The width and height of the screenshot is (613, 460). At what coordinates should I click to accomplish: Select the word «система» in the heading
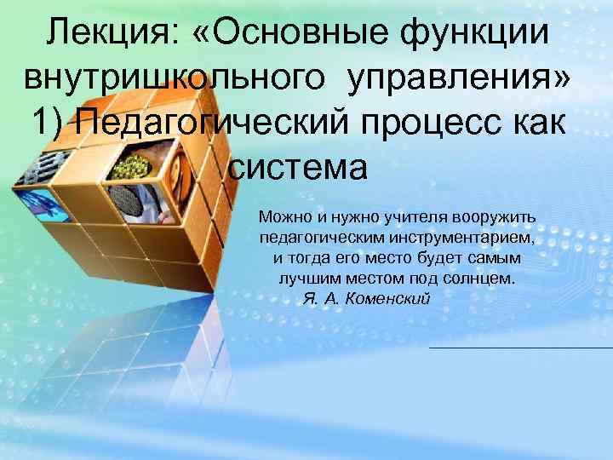(x=298, y=167)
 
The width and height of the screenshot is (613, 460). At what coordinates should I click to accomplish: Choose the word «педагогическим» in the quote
(x=324, y=238)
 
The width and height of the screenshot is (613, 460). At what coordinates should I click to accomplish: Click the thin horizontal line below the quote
(x=519, y=348)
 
